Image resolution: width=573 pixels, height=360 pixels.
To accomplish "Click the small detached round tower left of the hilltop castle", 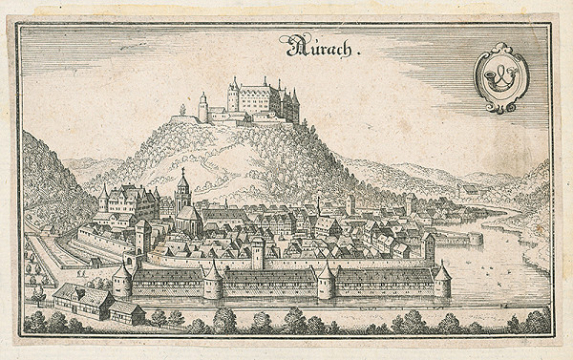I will click(x=202, y=108).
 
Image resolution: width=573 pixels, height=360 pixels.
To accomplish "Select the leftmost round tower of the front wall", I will click(x=122, y=283).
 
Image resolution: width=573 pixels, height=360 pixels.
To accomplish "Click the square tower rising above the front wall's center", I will click(x=257, y=253).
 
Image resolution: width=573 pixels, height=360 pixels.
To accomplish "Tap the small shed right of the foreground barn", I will click(x=127, y=312).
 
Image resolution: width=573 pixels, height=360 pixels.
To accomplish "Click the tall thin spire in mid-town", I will click(x=318, y=204).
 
